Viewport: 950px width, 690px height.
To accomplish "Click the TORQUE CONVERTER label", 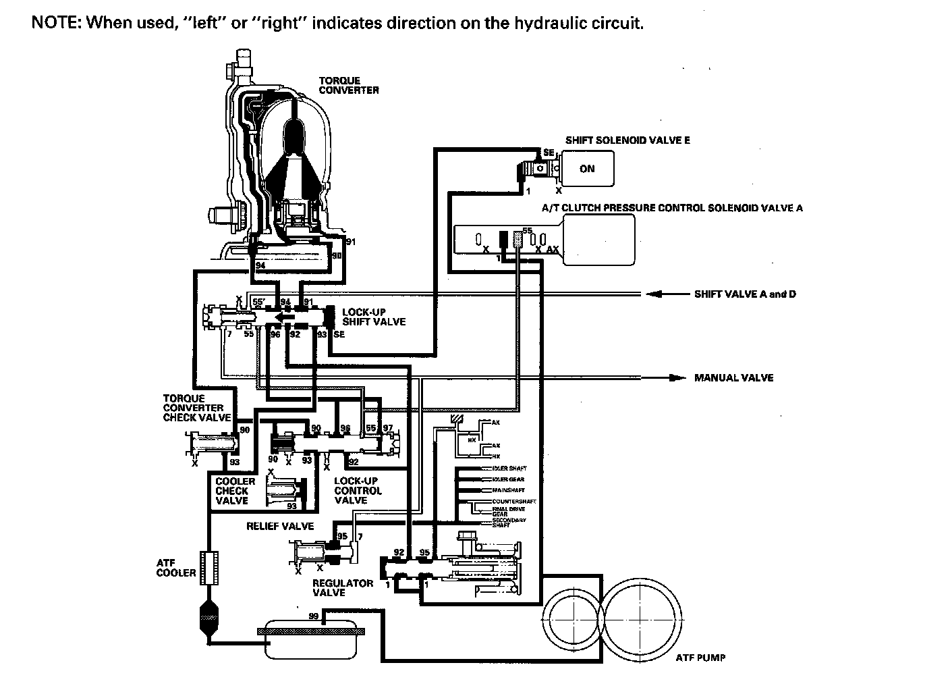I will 348,85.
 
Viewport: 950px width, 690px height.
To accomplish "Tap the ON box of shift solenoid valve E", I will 586,169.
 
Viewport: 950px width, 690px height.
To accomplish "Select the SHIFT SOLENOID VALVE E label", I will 627,140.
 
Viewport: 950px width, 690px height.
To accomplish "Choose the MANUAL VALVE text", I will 733,377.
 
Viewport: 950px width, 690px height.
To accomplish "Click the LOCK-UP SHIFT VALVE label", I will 374,317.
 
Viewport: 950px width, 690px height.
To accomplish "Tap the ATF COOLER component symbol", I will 209,567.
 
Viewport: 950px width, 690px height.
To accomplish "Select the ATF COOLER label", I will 175,568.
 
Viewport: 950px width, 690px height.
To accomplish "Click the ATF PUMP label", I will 700,657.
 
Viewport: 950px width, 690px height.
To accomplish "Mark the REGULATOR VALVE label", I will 342,587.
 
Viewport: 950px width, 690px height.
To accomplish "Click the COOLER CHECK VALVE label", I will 235,491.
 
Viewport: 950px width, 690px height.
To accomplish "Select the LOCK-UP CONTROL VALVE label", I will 358,491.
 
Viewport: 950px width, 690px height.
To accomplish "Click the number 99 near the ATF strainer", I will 313,616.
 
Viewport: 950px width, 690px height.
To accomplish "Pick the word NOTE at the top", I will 56,23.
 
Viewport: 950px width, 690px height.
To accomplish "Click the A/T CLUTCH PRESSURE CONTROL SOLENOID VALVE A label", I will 671,208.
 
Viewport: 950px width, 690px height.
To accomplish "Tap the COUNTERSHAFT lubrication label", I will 513,502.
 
